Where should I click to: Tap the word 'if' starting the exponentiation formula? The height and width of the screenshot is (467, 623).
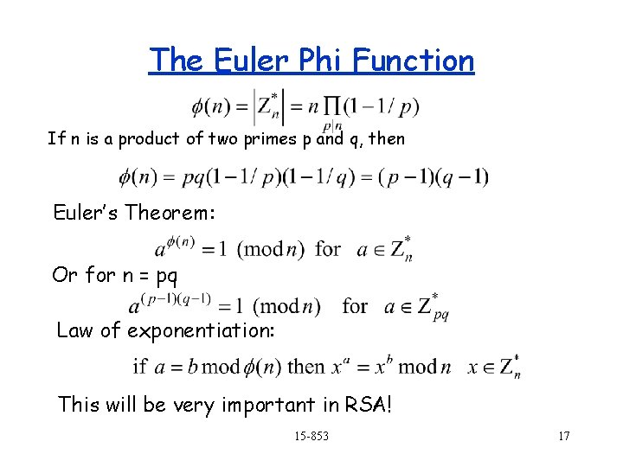point(138,366)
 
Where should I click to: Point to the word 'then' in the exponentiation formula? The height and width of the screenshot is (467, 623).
point(305,366)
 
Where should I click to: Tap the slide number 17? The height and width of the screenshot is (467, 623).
point(563,436)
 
